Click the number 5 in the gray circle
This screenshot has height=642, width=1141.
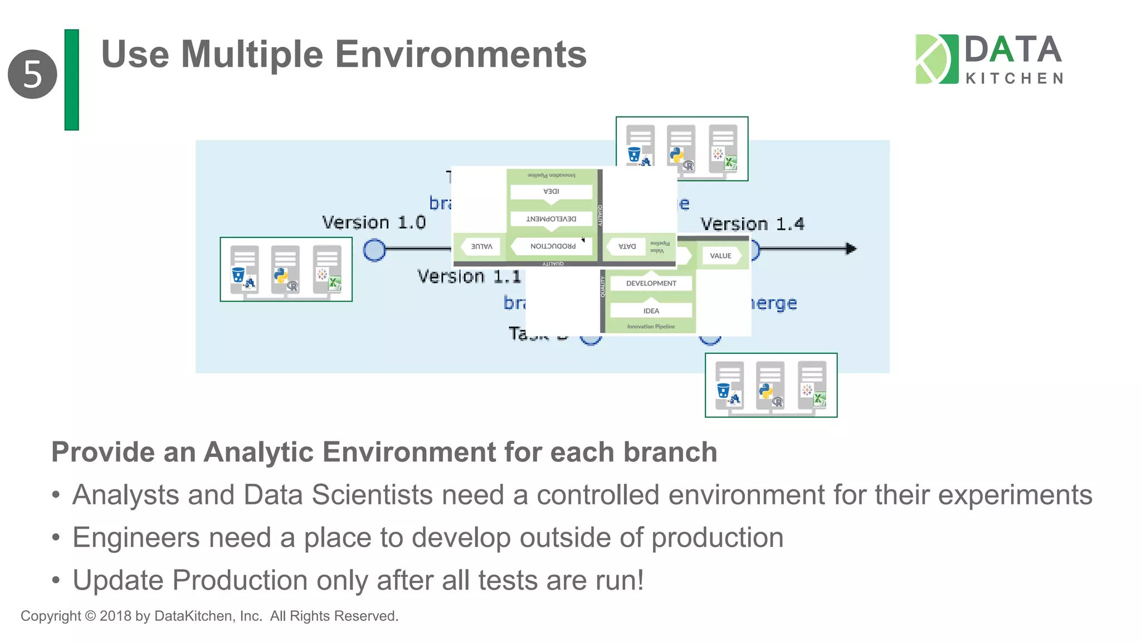click(x=32, y=74)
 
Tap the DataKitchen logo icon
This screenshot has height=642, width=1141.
click(x=937, y=59)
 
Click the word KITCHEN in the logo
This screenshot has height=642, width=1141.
click(x=1014, y=79)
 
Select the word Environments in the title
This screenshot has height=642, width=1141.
click(x=460, y=55)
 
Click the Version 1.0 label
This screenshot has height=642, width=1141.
click(x=374, y=222)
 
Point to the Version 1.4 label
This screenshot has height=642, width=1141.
click(x=752, y=224)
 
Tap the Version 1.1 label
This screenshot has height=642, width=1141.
click(x=469, y=276)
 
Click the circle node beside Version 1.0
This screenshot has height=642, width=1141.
click(x=374, y=250)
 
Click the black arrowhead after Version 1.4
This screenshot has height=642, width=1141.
click(x=850, y=249)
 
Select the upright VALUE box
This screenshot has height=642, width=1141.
click(x=720, y=256)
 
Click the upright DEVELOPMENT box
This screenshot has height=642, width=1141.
click(x=651, y=283)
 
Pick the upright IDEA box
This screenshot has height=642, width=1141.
click(x=651, y=311)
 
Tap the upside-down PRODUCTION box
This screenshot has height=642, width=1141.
click(x=553, y=246)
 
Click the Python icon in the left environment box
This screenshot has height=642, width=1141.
click(x=281, y=275)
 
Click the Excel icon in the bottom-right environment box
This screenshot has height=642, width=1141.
click(x=819, y=399)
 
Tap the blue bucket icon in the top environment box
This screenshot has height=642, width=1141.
click(x=634, y=154)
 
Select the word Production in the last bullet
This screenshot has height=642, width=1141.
click(x=240, y=580)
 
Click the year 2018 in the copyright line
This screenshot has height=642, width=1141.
click(x=115, y=616)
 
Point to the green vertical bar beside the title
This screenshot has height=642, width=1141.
click(x=72, y=80)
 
